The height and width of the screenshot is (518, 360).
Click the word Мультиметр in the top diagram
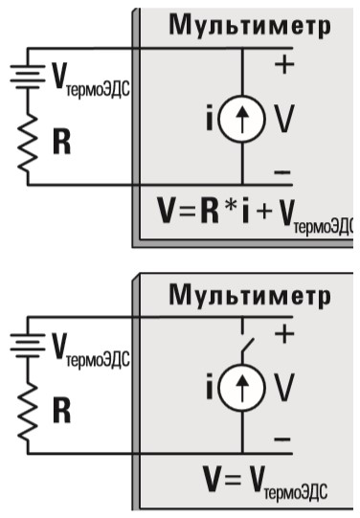click(250, 25)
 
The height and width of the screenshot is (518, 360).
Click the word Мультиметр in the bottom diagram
click(250, 295)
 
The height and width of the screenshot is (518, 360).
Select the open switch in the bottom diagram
click(247, 346)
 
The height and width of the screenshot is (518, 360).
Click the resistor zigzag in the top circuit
click(29, 144)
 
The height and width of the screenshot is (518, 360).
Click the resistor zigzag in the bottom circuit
click(29, 413)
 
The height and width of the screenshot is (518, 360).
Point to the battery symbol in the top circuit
click(28, 77)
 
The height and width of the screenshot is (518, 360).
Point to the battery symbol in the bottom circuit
click(28, 346)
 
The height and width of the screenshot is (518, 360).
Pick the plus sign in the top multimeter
click(284, 64)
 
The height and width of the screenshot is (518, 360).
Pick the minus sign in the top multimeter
click(282, 172)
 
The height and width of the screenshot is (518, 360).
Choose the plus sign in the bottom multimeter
click(284, 333)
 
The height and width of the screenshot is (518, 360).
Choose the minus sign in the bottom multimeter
click(282, 439)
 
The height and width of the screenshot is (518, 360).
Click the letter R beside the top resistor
click(62, 143)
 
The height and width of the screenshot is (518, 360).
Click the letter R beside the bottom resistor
click(62, 412)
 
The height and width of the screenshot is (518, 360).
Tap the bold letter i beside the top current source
click(210, 117)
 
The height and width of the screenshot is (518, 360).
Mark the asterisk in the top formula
click(231, 205)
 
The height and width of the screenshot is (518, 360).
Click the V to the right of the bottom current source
click(284, 387)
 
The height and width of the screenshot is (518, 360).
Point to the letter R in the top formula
click(210, 211)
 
